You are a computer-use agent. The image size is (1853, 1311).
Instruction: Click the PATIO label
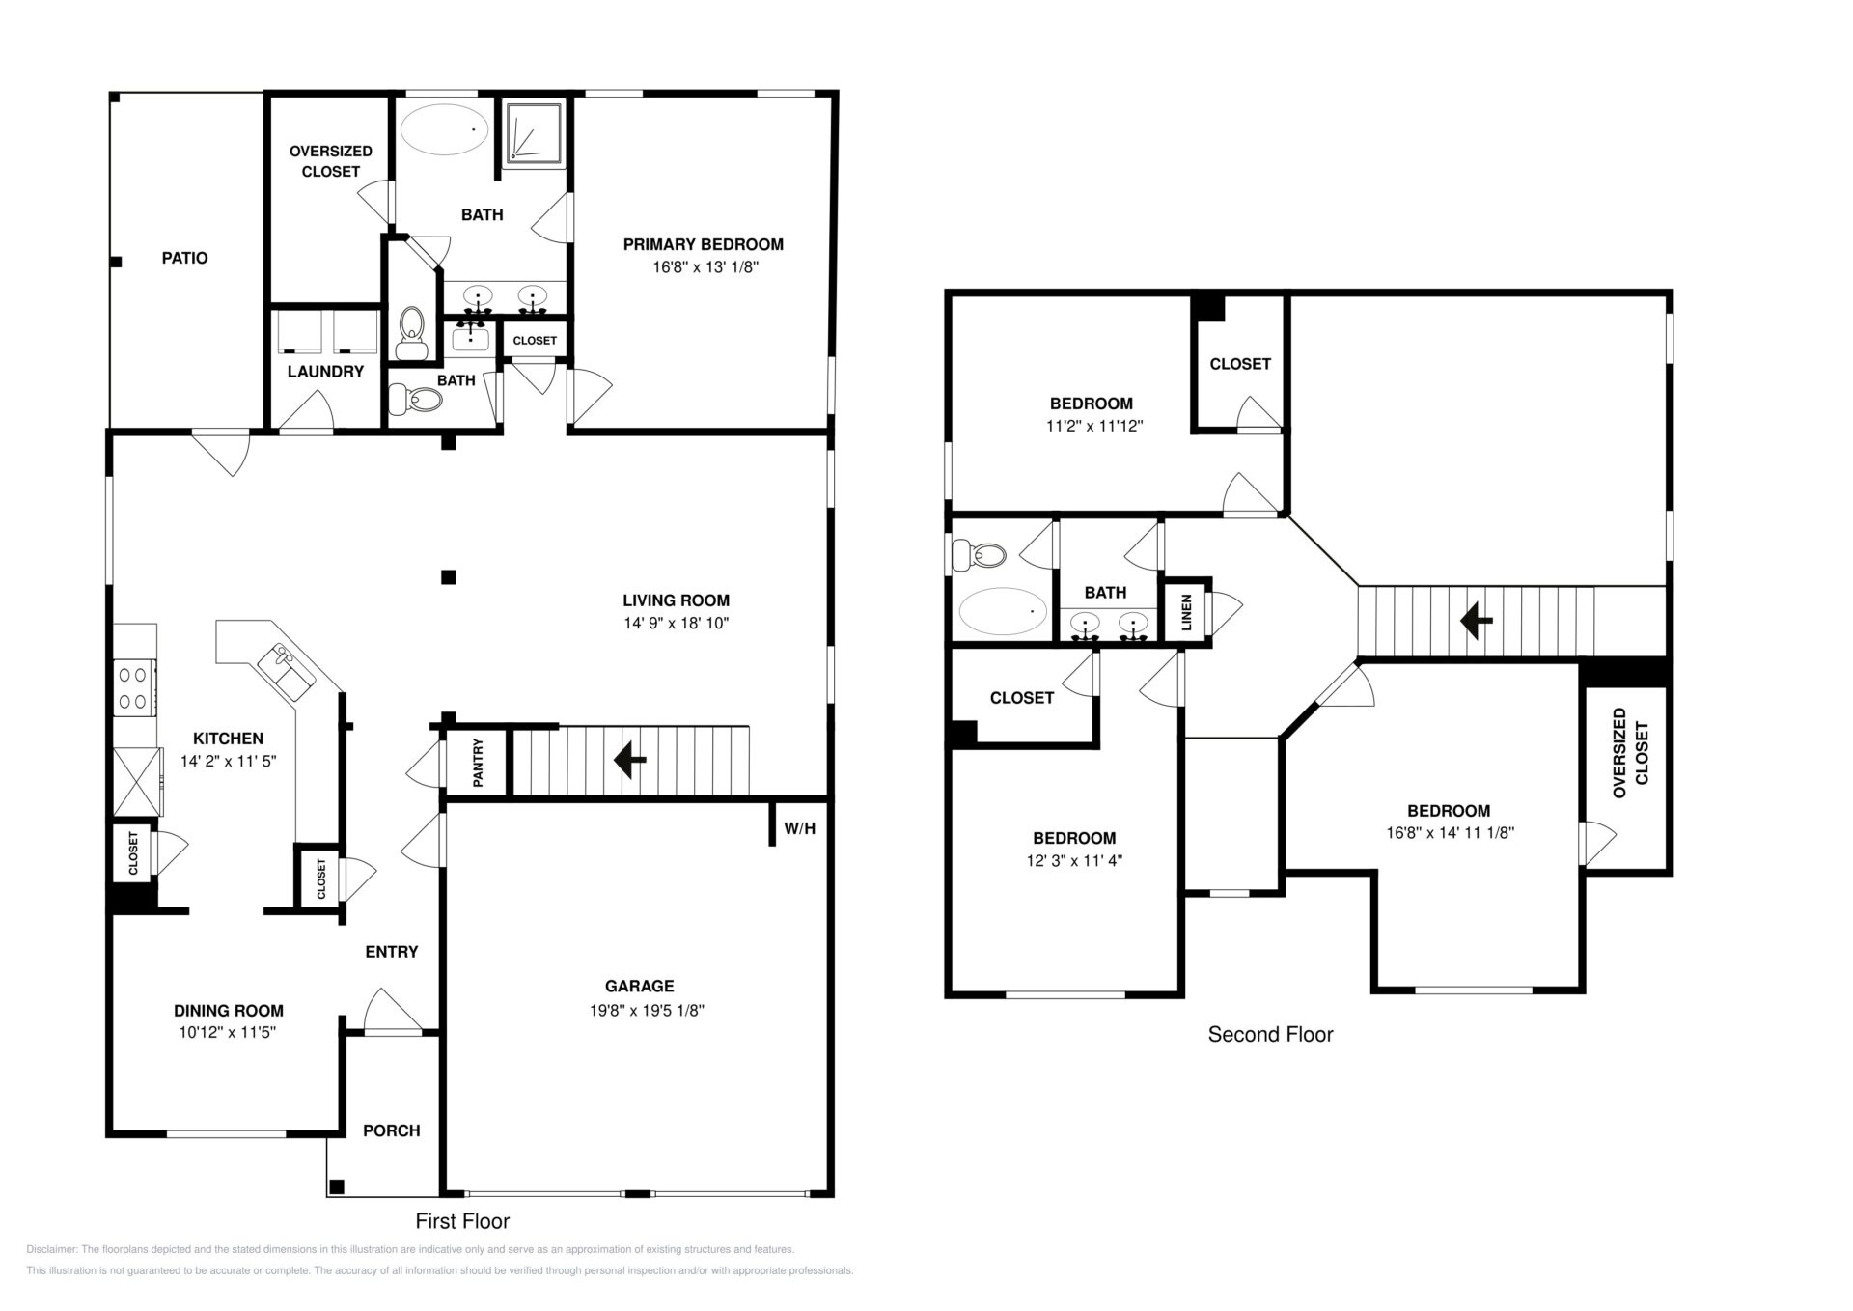click(x=184, y=258)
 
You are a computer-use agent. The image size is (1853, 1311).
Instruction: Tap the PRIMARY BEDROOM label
click(x=703, y=244)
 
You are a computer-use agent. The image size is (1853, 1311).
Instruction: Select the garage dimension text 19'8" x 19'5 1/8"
click(x=640, y=1010)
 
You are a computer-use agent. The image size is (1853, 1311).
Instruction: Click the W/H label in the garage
click(x=800, y=828)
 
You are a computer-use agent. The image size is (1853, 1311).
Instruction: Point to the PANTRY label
click(x=478, y=763)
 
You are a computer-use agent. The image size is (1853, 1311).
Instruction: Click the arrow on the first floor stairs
click(x=630, y=760)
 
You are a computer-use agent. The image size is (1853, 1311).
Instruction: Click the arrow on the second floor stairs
click(x=1476, y=621)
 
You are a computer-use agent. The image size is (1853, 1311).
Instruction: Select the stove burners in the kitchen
click(x=135, y=687)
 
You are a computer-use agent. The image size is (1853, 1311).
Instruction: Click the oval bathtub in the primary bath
click(x=445, y=128)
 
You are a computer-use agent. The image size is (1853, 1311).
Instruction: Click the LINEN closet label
click(x=1186, y=612)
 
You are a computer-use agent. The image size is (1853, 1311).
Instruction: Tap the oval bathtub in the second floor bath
click(x=1004, y=611)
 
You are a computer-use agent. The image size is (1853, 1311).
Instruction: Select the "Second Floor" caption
click(x=1270, y=1034)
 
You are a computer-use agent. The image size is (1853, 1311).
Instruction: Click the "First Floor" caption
click(x=462, y=1221)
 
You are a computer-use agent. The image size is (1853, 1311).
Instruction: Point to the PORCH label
click(x=392, y=1130)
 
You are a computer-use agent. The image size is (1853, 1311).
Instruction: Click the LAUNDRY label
click(x=325, y=372)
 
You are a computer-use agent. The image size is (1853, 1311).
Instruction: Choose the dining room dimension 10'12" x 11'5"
click(x=229, y=1032)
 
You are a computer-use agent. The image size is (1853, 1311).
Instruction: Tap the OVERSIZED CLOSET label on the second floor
click(x=1631, y=753)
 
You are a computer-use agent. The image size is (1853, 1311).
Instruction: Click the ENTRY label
click(x=392, y=952)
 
